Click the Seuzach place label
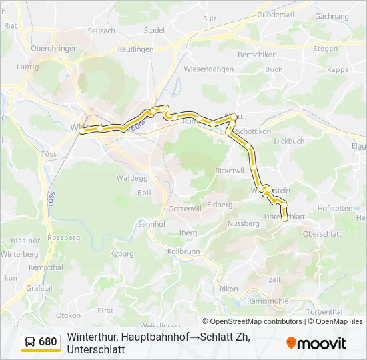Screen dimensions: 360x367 click(101, 31)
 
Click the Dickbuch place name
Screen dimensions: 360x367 click(289, 141)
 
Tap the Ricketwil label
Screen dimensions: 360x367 click(230, 171)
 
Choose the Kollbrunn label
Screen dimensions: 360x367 click(183, 251)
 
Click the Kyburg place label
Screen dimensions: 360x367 click(122, 254)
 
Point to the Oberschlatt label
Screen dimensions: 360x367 click(322, 234)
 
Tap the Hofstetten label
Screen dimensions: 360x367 click(334, 208)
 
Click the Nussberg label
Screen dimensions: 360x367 click(244, 224)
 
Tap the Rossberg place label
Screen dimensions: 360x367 click(64, 237)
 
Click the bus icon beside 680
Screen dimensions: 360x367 click(31, 343)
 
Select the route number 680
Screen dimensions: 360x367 click(48, 343)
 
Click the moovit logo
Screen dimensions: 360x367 click(316, 343)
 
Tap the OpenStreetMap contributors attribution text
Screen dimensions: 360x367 click(256, 321)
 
